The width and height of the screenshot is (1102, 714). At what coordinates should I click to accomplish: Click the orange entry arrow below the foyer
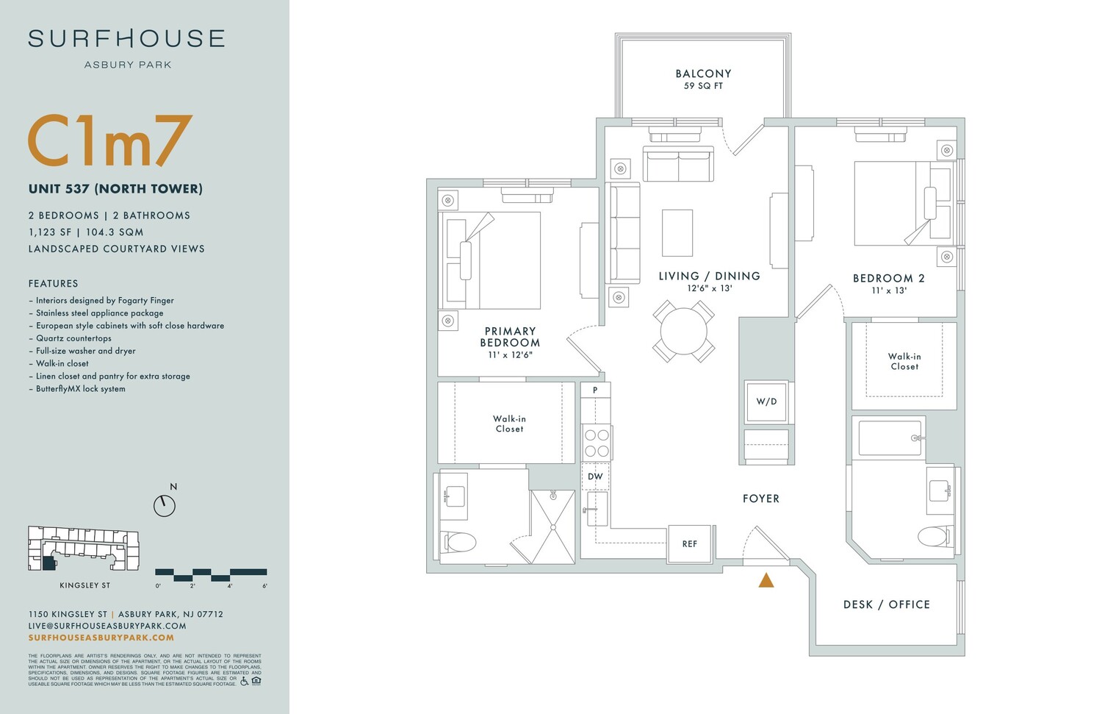click(766, 580)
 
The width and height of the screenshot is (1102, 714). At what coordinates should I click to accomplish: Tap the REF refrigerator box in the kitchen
click(689, 544)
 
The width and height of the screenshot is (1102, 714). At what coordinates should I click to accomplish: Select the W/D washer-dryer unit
click(766, 401)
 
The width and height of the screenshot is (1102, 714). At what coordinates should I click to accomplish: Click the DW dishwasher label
click(595, 476)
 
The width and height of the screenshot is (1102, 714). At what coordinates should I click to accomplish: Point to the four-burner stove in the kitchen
click(597, 442)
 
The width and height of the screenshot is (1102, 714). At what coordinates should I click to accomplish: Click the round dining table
click(683, 332)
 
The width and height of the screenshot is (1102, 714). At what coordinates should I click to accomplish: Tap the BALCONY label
click(703, 74)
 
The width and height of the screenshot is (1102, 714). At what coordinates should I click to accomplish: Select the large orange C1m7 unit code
click(110, 141)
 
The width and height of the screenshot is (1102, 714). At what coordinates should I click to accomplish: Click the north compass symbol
click(165, 505)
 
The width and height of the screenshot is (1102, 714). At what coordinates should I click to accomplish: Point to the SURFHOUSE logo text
click(126, 39)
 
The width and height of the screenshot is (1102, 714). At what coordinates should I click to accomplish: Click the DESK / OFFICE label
click(886, 604)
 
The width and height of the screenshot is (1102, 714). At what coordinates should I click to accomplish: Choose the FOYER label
click(760, 499)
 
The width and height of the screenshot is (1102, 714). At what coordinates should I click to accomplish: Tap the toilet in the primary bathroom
click(459, 543)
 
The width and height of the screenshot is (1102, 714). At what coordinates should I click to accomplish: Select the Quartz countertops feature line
click(73, 338)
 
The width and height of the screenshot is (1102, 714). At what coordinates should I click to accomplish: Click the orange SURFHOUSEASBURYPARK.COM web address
click(101, 638)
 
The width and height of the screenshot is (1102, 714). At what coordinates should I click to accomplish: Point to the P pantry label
click(595, 390)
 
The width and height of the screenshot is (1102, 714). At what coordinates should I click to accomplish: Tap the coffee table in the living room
click(677, 232)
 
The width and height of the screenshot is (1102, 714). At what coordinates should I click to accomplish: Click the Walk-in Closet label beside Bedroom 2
click(904, 361)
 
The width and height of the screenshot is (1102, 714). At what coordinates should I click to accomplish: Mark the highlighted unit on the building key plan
click(48, 563)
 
